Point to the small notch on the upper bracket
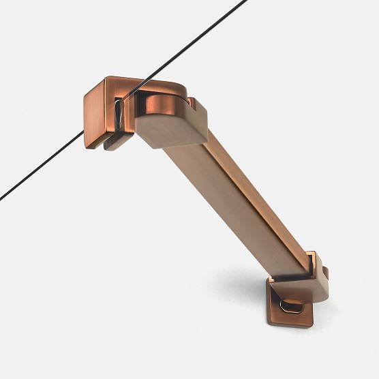point(193,104)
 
